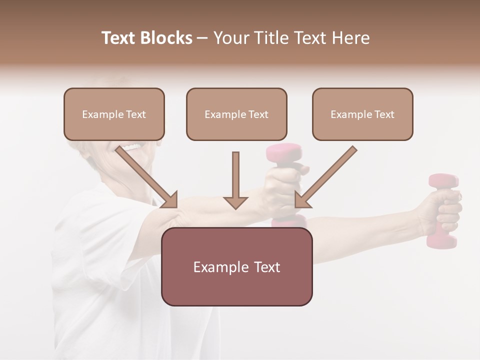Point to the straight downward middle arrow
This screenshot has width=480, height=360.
(x=235, y=180)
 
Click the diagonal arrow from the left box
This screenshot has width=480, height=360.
(x=147, y=177)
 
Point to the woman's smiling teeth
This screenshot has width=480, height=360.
(x=132, y=147)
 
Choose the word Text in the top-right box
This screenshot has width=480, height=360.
(x=384, y=114)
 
